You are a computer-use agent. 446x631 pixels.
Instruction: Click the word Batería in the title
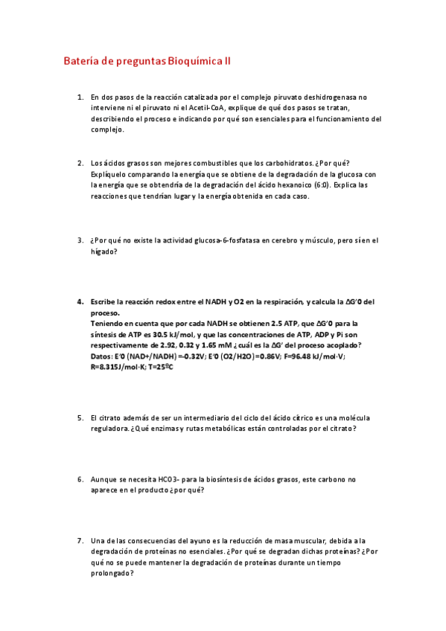point(80,62)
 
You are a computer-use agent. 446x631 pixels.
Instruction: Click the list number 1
point(80,97)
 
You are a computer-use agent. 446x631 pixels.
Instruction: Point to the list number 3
point(80,240)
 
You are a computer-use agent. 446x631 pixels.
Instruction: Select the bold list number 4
point(80,302)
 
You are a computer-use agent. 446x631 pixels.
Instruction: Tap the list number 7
point(80,540)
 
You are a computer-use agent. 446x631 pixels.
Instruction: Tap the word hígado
point(103,252)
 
